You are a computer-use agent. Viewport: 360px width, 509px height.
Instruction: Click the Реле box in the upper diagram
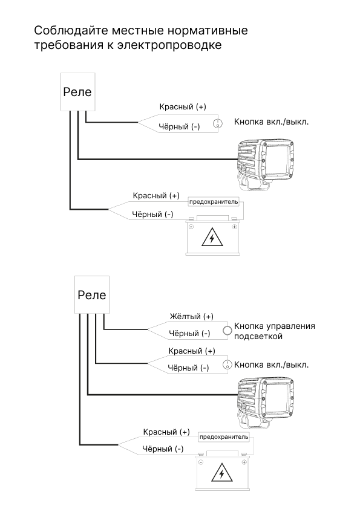77,92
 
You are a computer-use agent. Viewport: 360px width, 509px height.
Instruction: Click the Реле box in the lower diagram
92,295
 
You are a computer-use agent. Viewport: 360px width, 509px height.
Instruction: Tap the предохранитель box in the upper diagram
214,202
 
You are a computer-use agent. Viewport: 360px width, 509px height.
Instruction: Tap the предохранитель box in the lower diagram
224,437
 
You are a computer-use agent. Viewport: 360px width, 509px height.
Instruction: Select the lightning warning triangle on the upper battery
212,238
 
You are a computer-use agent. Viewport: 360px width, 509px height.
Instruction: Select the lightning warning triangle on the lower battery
221,473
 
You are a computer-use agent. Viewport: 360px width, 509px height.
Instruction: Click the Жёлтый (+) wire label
191,317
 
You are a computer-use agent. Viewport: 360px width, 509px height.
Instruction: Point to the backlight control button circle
227,331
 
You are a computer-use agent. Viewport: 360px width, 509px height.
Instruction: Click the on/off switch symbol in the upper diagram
218,123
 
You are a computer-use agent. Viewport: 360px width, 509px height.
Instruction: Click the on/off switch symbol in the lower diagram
227,365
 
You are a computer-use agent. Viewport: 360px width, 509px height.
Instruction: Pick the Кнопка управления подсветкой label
275,331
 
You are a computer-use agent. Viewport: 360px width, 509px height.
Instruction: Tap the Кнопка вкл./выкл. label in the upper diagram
271,122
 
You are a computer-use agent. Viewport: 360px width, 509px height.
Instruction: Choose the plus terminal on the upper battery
234,227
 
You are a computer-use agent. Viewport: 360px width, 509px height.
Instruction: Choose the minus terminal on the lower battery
201,462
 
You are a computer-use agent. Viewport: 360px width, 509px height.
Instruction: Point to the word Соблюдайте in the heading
71,30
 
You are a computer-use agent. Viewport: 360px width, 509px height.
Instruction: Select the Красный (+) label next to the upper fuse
156,196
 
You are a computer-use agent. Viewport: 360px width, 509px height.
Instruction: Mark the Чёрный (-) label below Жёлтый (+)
189,333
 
